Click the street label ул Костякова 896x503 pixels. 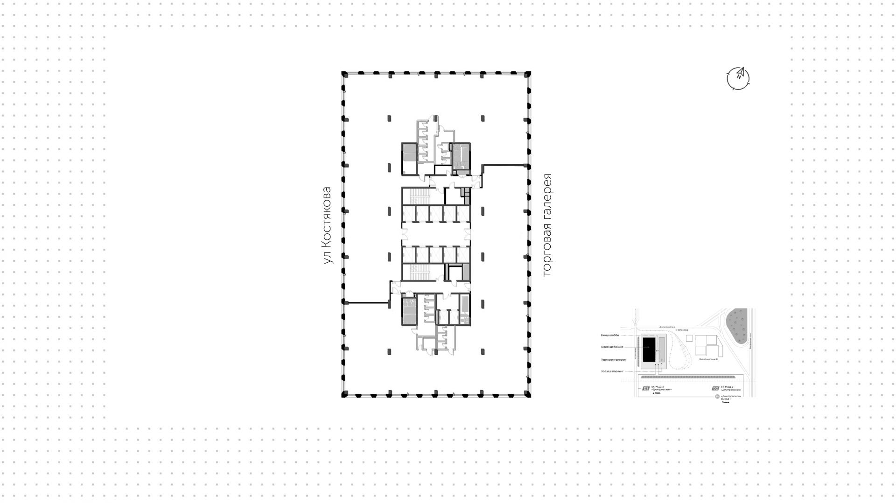[328, 226]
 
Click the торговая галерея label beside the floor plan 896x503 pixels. [547, 226]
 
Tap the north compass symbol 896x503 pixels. [738, 78]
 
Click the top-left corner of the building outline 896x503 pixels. [344, 74]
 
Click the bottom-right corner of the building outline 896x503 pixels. [529, 395]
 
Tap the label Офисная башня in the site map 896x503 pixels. [612, 347]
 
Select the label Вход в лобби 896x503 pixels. [610, 335]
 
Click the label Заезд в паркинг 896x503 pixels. [612, 371]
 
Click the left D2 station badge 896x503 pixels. [646, 388]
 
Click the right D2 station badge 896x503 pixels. [715, 388]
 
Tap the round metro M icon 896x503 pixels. [717, 397]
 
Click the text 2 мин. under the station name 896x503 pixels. [657, 393]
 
